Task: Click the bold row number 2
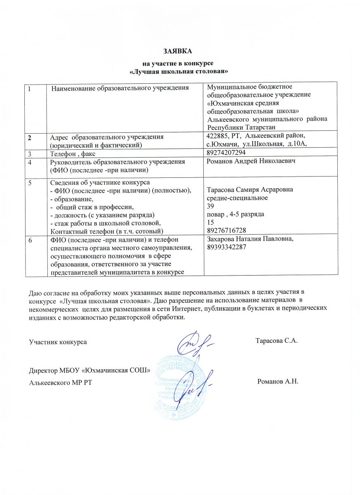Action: pyautogui.click(x=30, y=137)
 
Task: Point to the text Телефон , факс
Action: pyautogui.click(x=68, y=153)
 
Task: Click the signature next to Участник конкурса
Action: pyautogui.click(x=194, y=342)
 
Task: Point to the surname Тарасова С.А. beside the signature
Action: pyautogui.click(x=276, y=341)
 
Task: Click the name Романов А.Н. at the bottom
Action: pyautogui.click(x=277, y=381)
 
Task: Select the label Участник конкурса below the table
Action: pyautogui.click(x=58, y=342)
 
